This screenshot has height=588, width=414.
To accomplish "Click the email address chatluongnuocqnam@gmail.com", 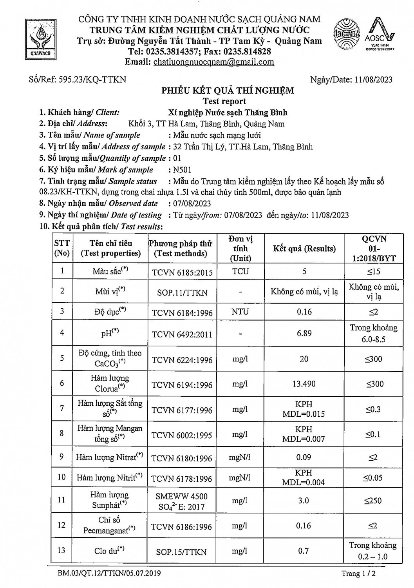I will pos(213,62).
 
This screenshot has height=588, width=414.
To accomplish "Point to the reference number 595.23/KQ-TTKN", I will pos(92,80).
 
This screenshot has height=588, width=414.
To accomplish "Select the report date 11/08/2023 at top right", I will pos(373,80).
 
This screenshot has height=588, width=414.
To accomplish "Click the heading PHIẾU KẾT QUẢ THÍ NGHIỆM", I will pos(228,91).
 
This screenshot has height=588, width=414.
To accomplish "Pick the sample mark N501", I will pos(183,170).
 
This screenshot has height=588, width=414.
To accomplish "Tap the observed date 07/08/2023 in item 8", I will pos(192,203).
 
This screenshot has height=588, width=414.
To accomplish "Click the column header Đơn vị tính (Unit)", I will pos(240,249).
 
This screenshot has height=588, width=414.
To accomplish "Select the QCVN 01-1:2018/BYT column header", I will pos(374,249).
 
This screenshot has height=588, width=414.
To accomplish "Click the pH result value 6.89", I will pos(304,333).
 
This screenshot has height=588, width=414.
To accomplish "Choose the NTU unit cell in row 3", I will pos(240,312).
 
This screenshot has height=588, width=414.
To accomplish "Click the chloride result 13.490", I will pos(304,384).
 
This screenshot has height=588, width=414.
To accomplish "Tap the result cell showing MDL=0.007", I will pos(304,434).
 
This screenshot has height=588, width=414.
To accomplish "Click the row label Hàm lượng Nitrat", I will pos(110,457).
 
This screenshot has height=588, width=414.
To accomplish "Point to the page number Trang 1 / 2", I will pos(358,574).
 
